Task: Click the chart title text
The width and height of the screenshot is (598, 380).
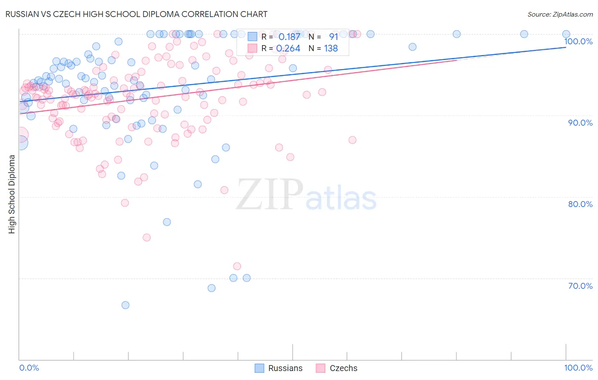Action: coord(136,14)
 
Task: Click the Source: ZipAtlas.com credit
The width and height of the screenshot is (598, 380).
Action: coord(560,14)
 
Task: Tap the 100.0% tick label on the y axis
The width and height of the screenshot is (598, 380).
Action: coord(578,41)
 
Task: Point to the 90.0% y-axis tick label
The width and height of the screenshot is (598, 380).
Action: coord(580,123)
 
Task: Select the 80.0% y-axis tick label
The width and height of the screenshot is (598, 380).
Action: coord(580,204)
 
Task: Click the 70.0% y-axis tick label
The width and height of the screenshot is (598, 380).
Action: coord(580,286)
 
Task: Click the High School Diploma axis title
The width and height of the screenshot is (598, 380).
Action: coord(12,194)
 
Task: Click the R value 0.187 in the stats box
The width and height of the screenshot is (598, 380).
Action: coord(289,37)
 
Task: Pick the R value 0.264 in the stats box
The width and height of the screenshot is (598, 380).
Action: coord(288,49)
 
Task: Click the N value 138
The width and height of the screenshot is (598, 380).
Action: coord(331,49)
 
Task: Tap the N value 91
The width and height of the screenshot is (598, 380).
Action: coord(333,37)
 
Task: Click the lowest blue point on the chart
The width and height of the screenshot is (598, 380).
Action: coord(125,305)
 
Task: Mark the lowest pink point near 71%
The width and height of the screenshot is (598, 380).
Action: coord(237,266)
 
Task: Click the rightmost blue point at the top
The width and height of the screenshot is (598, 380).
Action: coord(566,34)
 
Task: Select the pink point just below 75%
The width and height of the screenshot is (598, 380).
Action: coord(147,238)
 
